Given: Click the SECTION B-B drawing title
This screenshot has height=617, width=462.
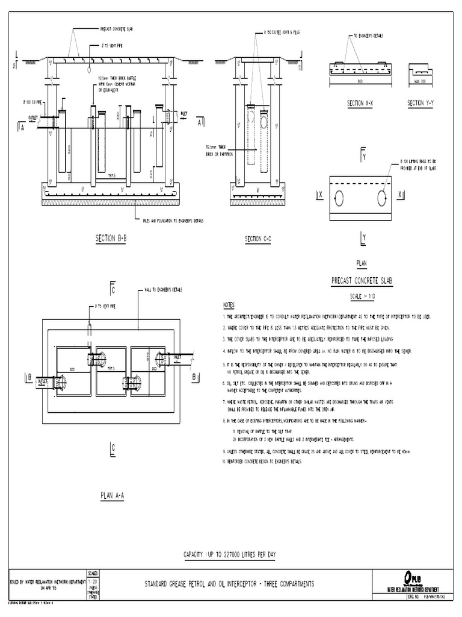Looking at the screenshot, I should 110,239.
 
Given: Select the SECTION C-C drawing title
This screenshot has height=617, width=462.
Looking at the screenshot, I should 258,239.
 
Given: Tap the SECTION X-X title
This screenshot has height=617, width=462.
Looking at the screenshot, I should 360,104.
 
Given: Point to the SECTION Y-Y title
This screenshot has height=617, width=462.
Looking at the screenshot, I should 420,104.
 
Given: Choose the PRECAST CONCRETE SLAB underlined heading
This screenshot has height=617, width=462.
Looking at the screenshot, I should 362,281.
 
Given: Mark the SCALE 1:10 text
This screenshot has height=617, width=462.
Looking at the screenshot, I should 361,297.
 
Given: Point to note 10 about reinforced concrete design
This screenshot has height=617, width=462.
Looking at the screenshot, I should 263,461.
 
